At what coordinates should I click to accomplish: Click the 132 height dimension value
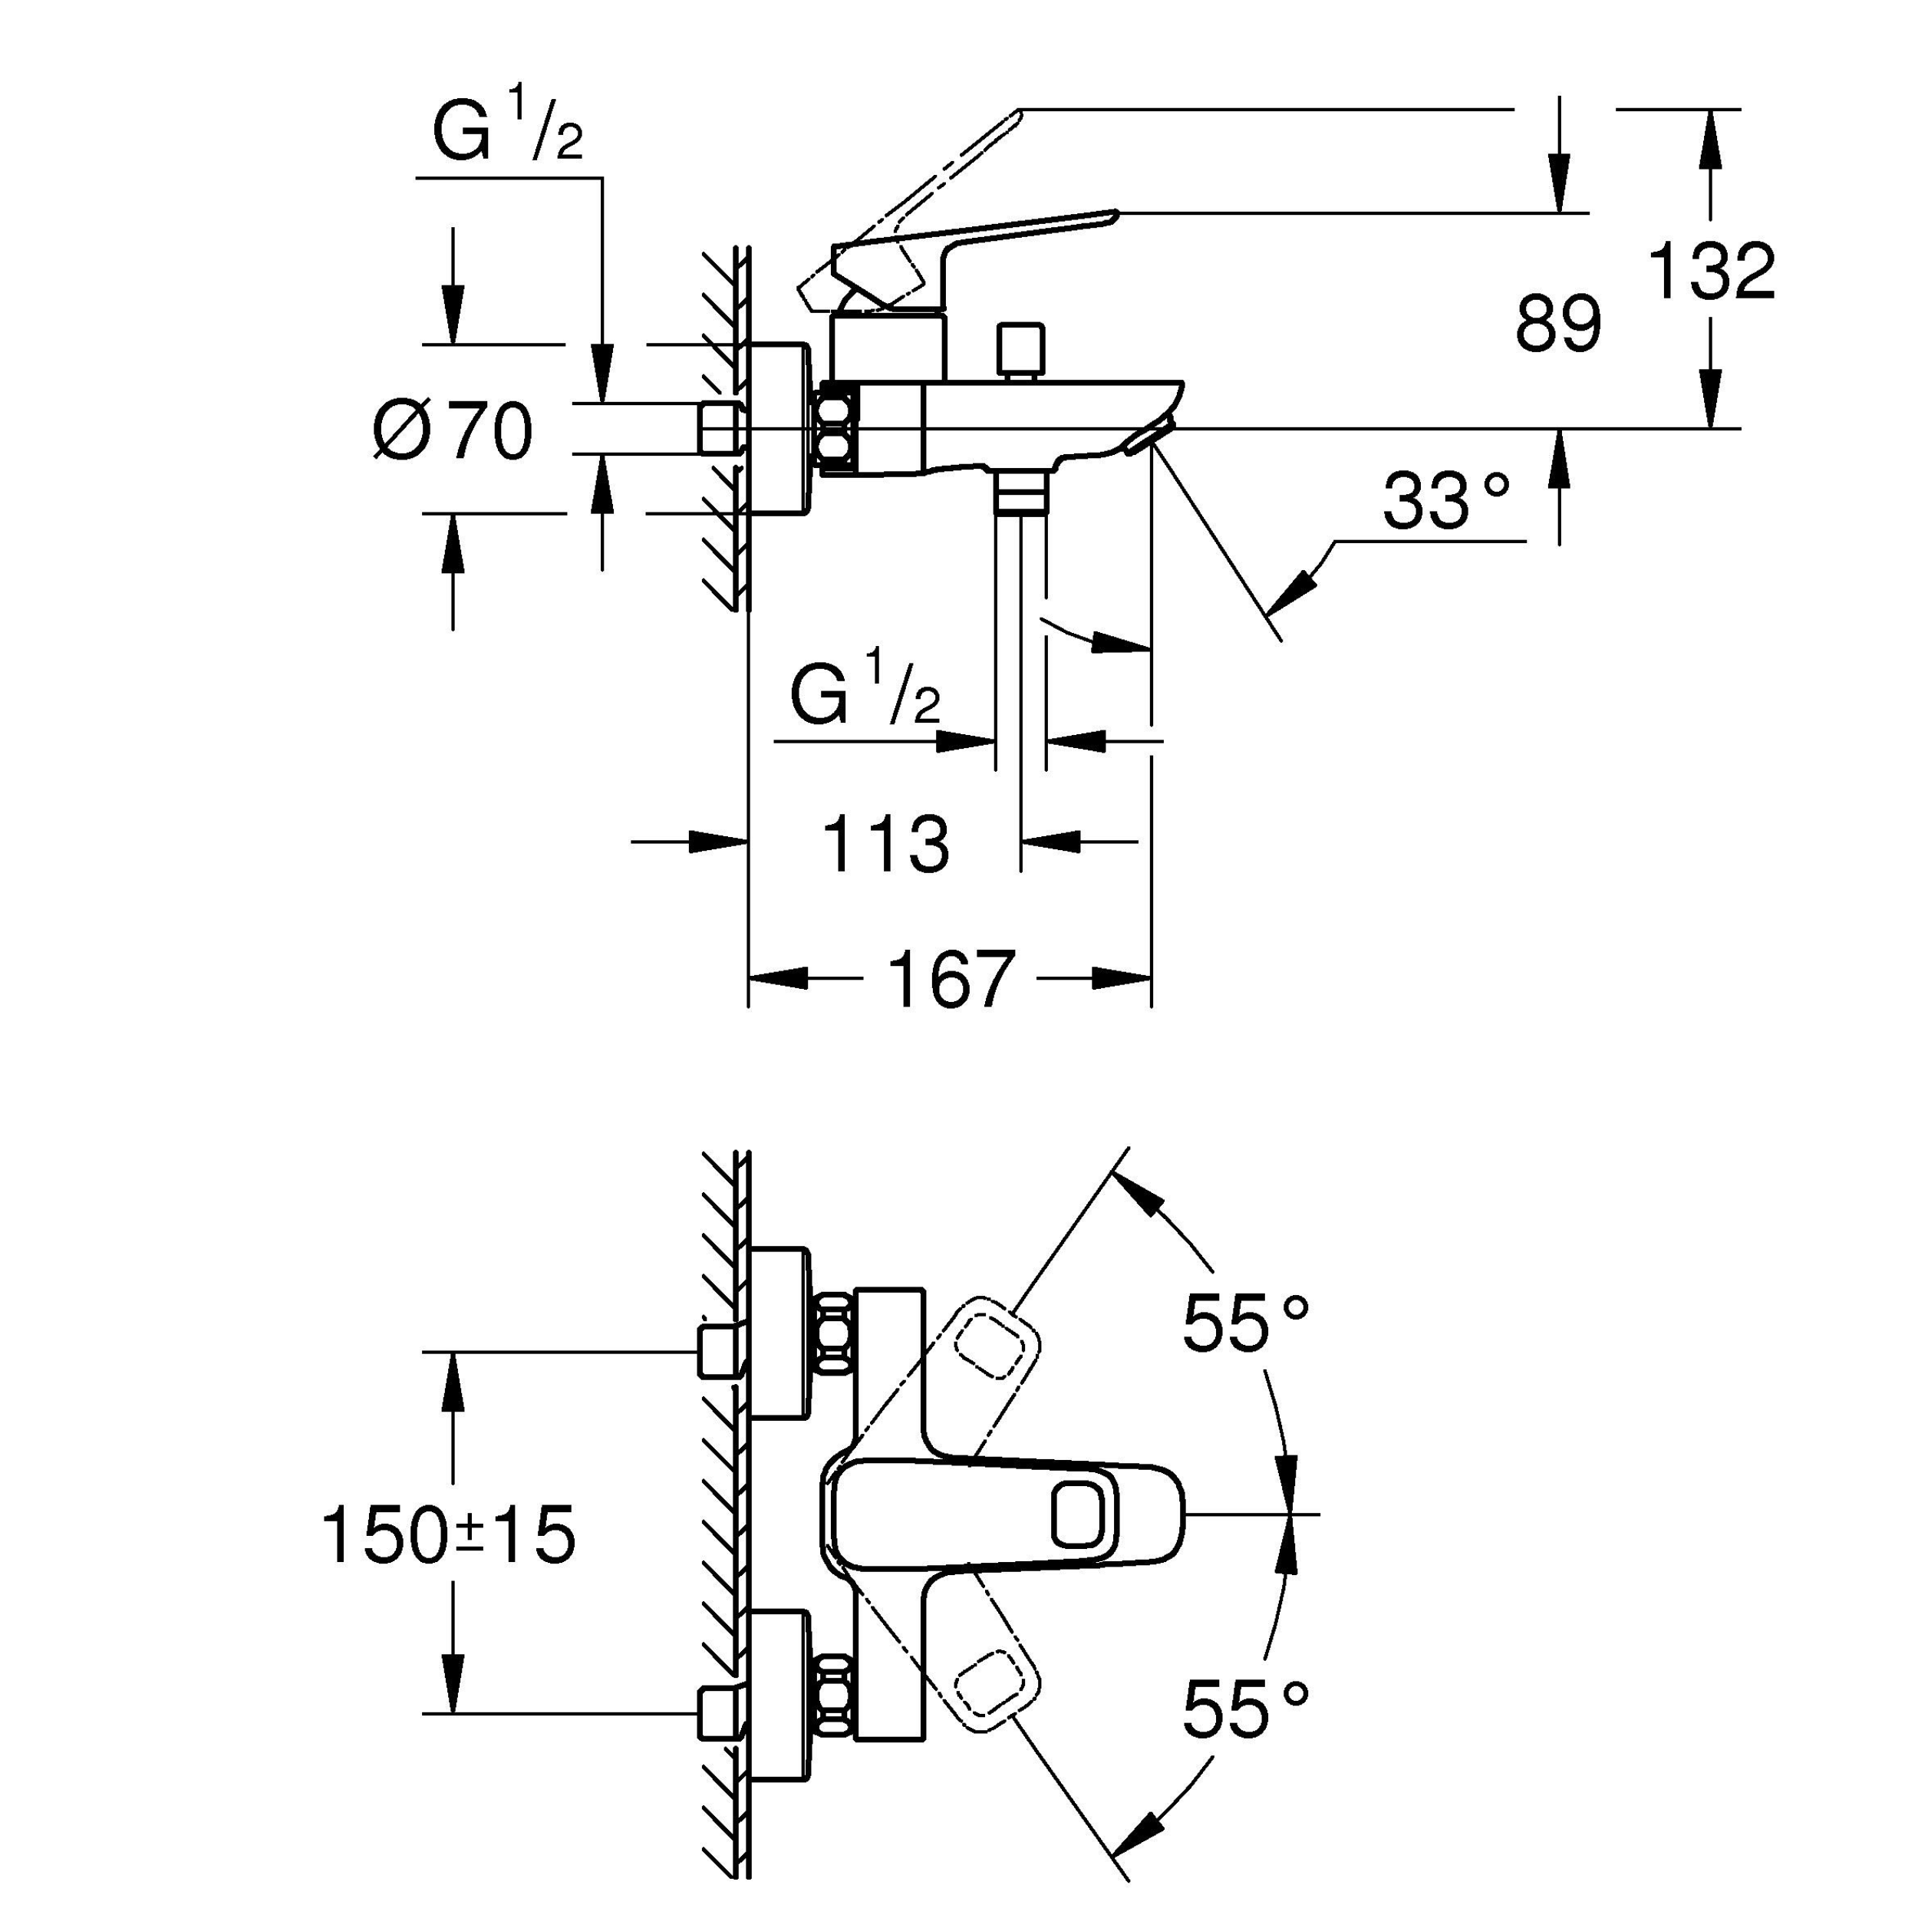[1712, 270]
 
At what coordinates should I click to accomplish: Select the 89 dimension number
[1559, 324]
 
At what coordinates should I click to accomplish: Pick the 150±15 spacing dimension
[449, 1534]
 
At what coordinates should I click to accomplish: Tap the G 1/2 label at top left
[507, 124]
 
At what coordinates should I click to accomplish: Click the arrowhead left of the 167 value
[777, 979]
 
